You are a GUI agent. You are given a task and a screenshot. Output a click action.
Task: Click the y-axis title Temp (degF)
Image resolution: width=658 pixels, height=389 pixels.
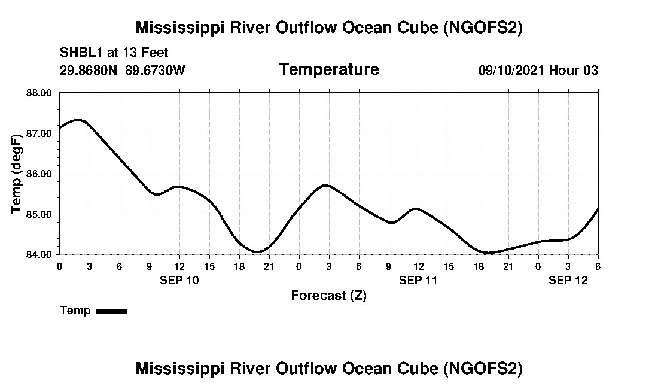[x=17, y=174]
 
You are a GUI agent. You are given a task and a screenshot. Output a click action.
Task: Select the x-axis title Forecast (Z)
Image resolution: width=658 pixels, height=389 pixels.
[x=328, y=295]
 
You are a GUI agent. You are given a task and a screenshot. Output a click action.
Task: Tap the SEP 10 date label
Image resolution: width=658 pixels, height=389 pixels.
[x=179, y=280]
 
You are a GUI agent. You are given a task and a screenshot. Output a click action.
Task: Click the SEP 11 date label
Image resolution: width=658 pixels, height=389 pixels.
[x=418, y=280]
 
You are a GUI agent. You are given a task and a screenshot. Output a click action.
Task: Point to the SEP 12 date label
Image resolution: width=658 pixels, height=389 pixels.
[x=568, y=280]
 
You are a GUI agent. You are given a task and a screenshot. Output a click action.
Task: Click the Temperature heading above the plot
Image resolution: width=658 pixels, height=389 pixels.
[x=328, y=70]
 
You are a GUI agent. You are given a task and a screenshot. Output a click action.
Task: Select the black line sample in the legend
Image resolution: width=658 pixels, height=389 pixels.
[x=111, y=311]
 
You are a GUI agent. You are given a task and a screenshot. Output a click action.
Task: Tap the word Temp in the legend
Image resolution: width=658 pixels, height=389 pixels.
[x=75, y=311]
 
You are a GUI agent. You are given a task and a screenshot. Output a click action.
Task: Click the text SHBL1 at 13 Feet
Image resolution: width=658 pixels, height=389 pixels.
[x=114, y=53]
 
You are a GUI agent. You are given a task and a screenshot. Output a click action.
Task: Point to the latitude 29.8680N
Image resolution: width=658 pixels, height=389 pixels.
[x=89, y=71]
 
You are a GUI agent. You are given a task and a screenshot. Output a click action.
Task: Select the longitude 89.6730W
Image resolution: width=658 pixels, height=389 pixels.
[x=155, y=71]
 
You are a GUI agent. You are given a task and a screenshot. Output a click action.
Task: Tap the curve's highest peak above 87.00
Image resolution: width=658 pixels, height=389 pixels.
[x=78, y=120]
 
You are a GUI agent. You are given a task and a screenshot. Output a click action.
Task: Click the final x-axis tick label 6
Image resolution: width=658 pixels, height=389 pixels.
[x=598, y=266]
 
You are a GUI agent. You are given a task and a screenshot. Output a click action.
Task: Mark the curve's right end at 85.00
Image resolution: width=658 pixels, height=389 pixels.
[x=598, y=209]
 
